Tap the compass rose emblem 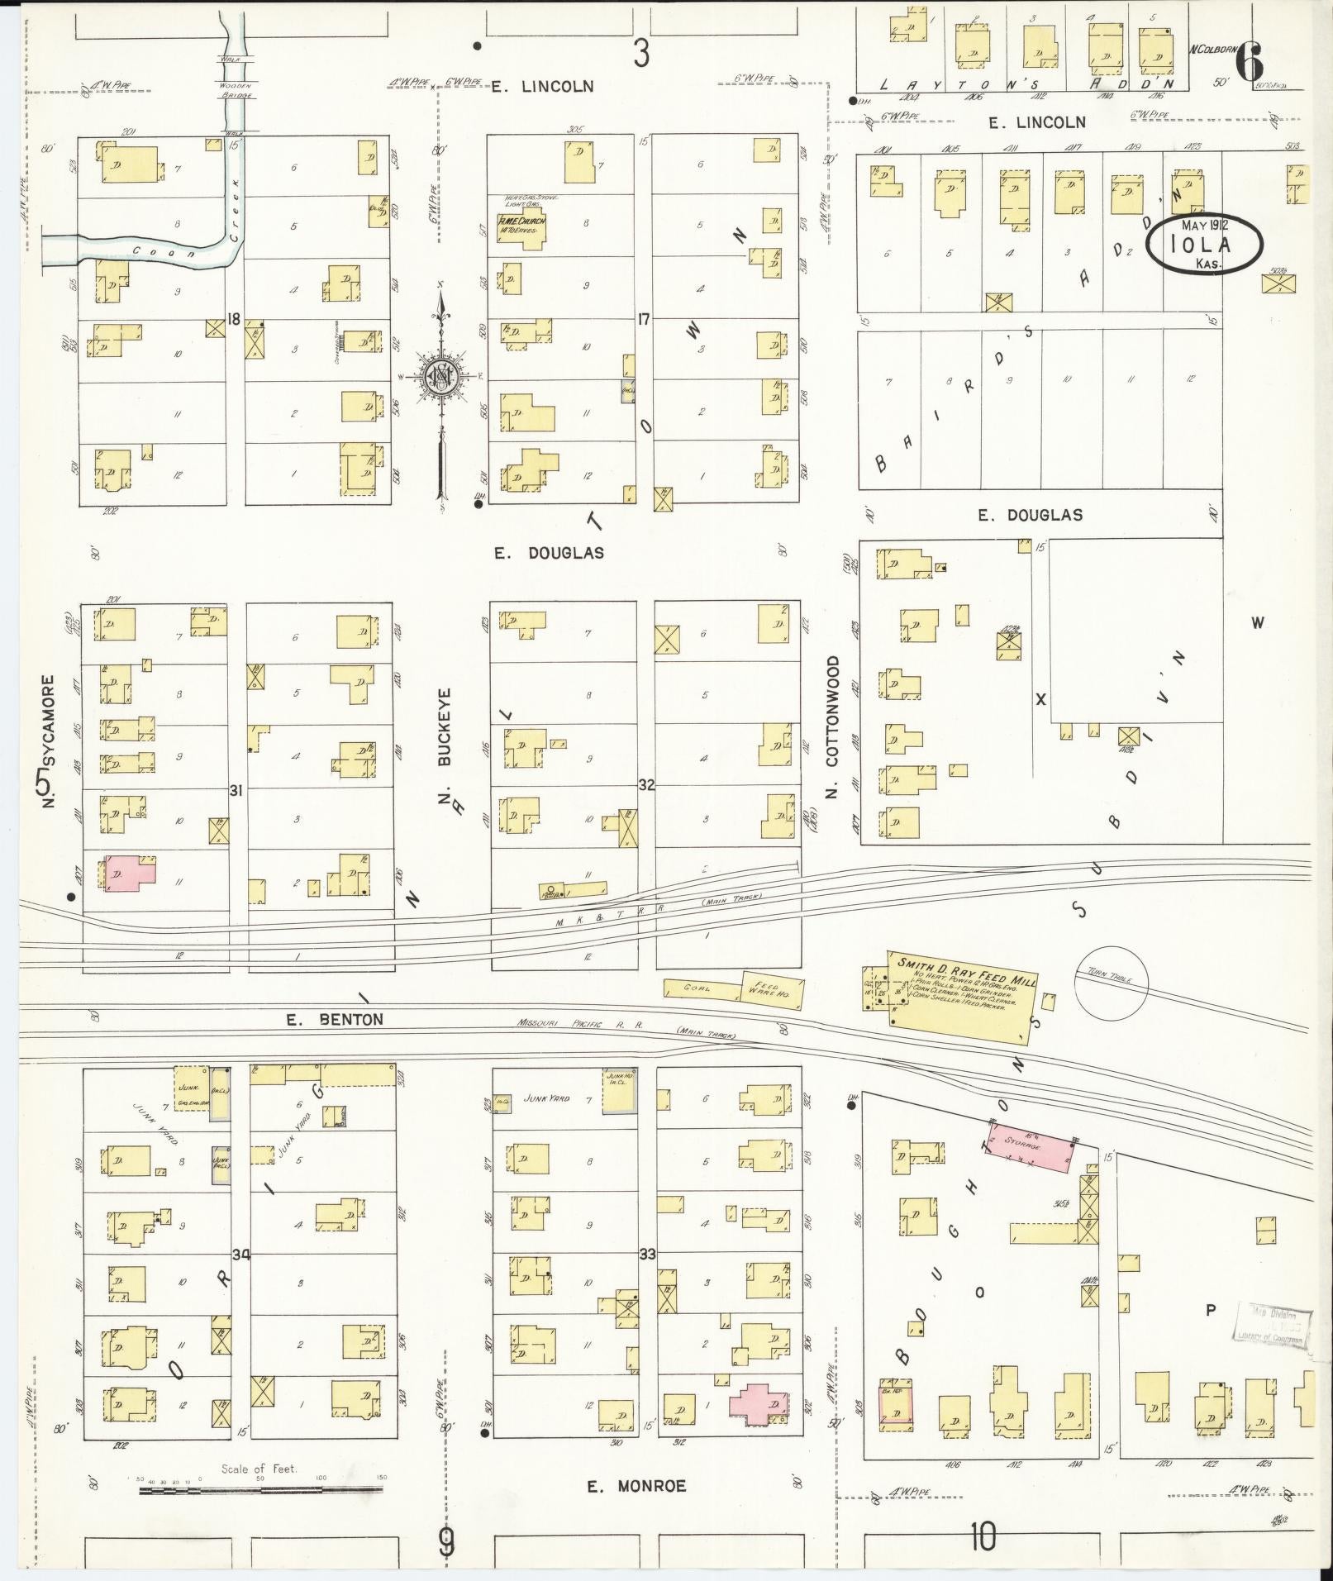(x=440, y=377)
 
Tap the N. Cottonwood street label (x=831, y=726)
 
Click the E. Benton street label (x=335, y=1020)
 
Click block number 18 (x=235, y=319)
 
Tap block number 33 (x=647, y=1255)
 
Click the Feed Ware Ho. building (x=769, y=988)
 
